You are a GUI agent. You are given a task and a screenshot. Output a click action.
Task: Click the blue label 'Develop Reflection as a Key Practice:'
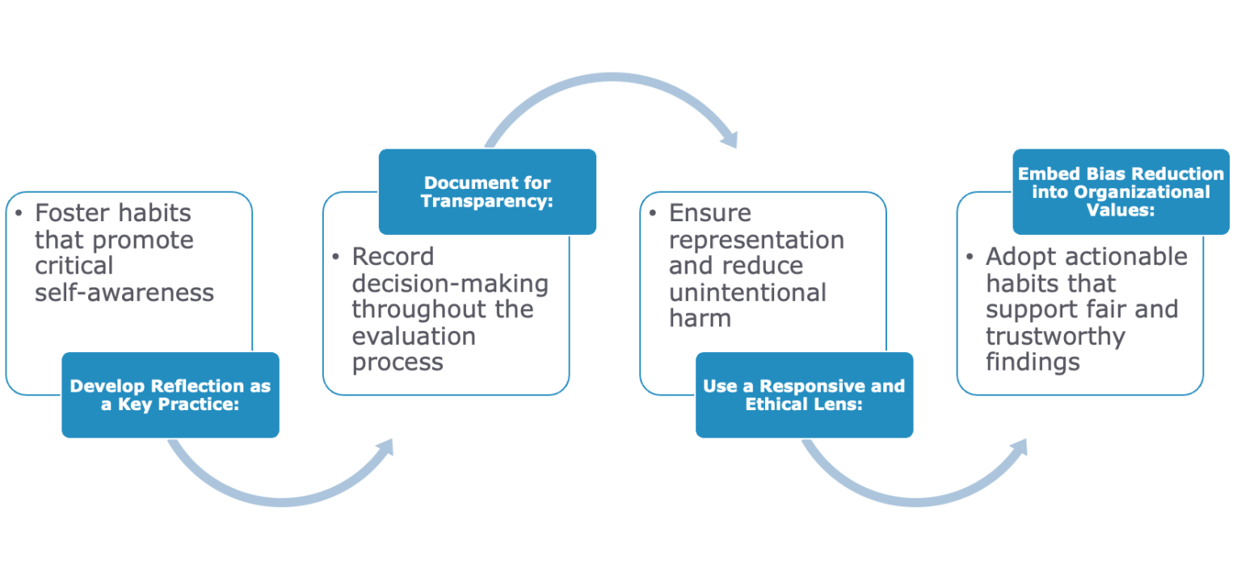[x=170, y=395]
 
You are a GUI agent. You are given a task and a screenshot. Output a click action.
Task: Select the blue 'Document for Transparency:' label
[x=487, y=191]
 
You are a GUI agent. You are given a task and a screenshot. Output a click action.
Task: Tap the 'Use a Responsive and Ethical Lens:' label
[x=804, y=395]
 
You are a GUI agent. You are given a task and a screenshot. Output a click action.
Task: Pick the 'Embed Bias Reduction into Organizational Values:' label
[x=1121, y=191]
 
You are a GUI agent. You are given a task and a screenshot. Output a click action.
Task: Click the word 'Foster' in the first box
[x=74, y=213]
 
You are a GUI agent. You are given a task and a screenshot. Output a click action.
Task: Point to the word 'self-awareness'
[x=124, y=292]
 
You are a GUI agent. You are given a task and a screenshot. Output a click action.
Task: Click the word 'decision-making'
[x=450, y=283]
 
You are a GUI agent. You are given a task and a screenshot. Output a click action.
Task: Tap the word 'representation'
[x=756, y=240]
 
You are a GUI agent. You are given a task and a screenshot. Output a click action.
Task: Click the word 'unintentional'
[x=747, y=292]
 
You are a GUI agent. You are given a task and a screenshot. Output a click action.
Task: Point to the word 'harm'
[x=700, y=318]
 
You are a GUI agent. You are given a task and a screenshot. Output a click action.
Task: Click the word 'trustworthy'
[x=1056, y=336]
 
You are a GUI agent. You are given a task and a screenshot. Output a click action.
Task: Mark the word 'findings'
[x=1033, y=363]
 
